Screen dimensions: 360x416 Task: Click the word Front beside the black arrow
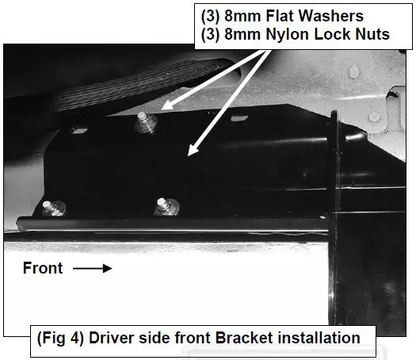click(43, 268)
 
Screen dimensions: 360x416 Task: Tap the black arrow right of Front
click(94, 269)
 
